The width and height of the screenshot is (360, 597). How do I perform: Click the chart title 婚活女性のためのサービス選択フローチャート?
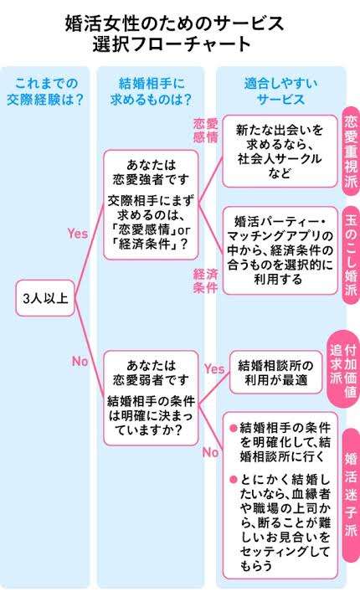(175, 33)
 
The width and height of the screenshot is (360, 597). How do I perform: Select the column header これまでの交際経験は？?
(46, 91)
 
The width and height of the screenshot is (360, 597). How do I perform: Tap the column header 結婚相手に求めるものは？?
(151, 91)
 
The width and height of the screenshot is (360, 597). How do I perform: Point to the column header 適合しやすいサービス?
(280, 91)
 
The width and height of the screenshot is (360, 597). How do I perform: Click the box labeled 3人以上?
(45, 298)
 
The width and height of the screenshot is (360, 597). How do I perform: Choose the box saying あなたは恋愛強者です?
(151, 205)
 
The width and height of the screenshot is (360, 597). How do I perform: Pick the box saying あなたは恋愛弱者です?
(151, 399)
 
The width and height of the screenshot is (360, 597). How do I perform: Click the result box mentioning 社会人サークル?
(280, 152)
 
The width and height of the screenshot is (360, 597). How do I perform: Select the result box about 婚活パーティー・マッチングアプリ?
(280, 250)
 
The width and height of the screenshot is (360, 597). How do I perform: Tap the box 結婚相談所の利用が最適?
(276, 373)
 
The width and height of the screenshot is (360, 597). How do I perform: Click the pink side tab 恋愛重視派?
(351, 151)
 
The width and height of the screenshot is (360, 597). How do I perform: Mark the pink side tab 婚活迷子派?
(351, 494)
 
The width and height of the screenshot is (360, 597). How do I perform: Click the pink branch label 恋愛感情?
(205, 131)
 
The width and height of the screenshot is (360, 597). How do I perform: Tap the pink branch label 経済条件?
(205, 281)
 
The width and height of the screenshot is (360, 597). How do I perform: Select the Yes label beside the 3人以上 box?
(78, 234)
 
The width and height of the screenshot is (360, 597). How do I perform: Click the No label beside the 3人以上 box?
(80, 362)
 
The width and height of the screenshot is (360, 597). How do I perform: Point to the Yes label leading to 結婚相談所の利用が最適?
(214, 368)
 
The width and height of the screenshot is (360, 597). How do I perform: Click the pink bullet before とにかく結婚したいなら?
(234, 480)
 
